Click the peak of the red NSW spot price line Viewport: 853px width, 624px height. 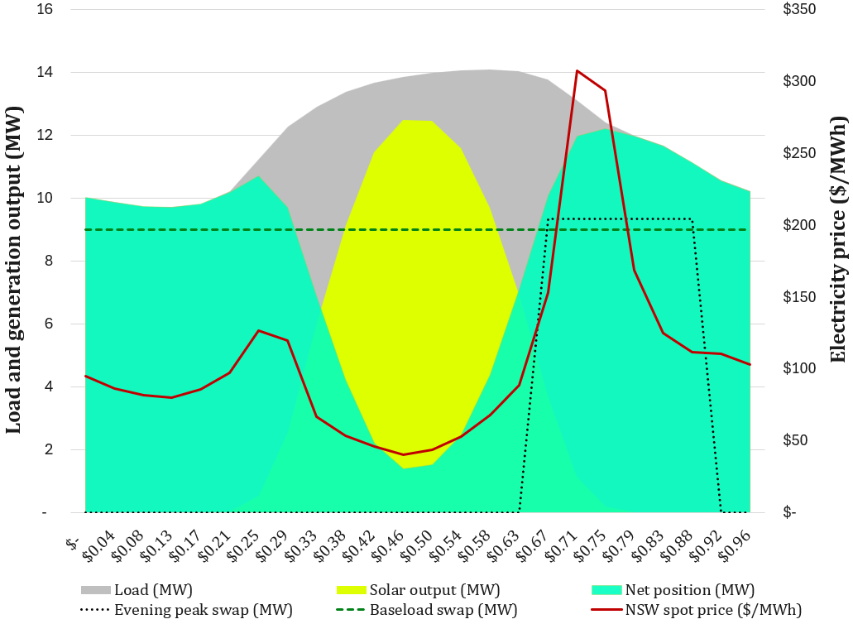(577, 71)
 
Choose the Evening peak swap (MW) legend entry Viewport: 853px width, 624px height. (186, 611)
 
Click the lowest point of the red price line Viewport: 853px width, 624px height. (404, 454)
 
